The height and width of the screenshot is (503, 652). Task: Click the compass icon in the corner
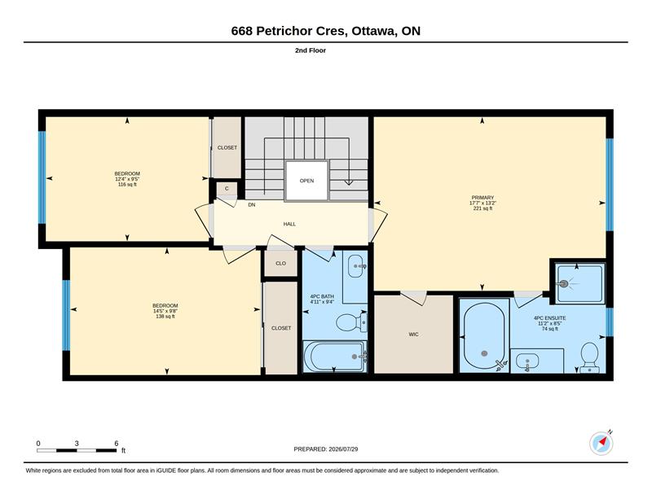[x=601, y=444]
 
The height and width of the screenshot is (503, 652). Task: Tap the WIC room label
[x=413, y=335]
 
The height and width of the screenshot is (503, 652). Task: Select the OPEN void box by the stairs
[x=306, y=181]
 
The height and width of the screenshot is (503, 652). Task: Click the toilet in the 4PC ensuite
[x=588, y=357]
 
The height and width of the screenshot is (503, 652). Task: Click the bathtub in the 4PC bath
[x=335, y=356]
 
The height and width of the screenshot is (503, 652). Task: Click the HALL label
[x=289, y=225]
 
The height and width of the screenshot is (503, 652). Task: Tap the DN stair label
[x=252, y=205]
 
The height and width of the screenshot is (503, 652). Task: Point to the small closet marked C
[x=227, y=189]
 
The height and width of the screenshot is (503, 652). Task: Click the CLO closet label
[x=280, y=264]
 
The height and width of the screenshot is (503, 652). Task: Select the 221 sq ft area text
[x=482, y=208]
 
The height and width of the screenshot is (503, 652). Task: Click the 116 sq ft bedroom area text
[x=127, y=185]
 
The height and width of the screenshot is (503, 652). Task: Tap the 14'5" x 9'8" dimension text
[x=165, y=311]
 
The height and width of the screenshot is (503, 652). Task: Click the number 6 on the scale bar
[x=117, y=444]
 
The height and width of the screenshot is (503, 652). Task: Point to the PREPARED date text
[x=326, y=449]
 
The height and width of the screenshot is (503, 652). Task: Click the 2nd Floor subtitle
[x=311, y=50]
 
